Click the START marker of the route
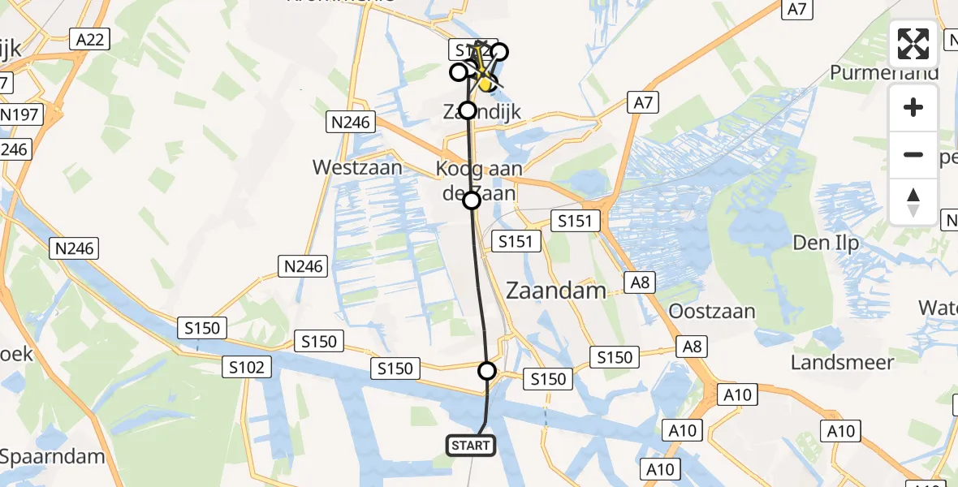pos(469,445)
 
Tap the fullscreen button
pos(913,44)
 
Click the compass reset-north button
pos(913,202)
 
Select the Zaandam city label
pos(556,291)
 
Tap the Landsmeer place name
pos(842,363)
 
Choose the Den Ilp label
pos(825,243)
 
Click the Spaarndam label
pos(53,456)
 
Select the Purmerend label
pos(884,73)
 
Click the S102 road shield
pos(245,368)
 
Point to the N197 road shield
pos(19,114)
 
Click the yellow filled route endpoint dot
pos(485,83)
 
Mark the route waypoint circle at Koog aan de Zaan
pos(472,200)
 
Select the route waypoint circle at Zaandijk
pos(468,110)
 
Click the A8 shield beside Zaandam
pos(640,282)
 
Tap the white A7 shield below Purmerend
pos(643,102)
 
